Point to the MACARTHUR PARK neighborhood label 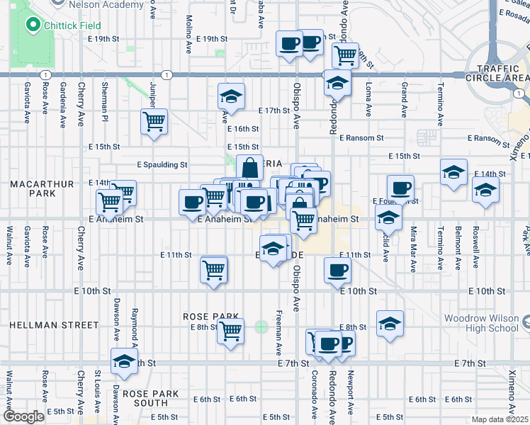point(42,189)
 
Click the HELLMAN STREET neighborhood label point(54,325)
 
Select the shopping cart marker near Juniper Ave point(154,122)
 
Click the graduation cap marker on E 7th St point(124,361)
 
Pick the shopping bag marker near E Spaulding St point(249,169)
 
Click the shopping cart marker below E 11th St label point(213,270)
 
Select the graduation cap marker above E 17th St point(230,96)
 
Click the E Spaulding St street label point(162,164)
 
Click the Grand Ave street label point(404,98)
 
